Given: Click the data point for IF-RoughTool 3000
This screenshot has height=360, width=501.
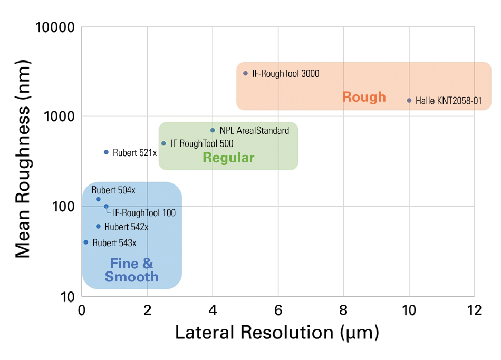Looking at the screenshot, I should pyautogui.click(x=245, y=73).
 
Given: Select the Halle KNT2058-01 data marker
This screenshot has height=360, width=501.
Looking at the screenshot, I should pyautogui.click(x=409, y=100).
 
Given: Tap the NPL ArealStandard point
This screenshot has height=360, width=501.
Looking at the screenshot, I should pyautogui.click(x=213, y=130).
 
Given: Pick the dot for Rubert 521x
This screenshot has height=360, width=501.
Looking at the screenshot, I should pyautogui.click(x=106, y=152).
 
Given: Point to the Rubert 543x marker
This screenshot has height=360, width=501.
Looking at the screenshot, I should pyautogui.click(x=86, y=242).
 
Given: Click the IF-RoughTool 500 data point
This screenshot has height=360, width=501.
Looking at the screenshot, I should pyautogui.click(x=163, y=143).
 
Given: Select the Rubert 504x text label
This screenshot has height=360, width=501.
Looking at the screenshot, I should pyautogui.click(x=113, y=190).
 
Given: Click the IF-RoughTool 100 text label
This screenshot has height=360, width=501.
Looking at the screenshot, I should pyautogui.click(x=144, y=213).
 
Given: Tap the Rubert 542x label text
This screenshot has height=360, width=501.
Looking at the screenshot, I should pyautogui.click(x=127, y=227).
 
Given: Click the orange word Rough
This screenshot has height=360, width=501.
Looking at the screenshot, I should pyautogui.click(x=364, y=97).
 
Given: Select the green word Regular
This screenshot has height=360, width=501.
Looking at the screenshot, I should pyautogui.click(x=228, y=158).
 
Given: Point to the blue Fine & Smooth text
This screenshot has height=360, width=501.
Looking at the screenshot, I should pyautogui.click(x=131, y=270).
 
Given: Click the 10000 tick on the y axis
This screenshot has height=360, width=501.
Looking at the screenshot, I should pyautogui.click(x=55, y=27).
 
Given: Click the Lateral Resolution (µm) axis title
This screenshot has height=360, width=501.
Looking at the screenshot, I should pyautogui.click(x=277, y=333).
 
